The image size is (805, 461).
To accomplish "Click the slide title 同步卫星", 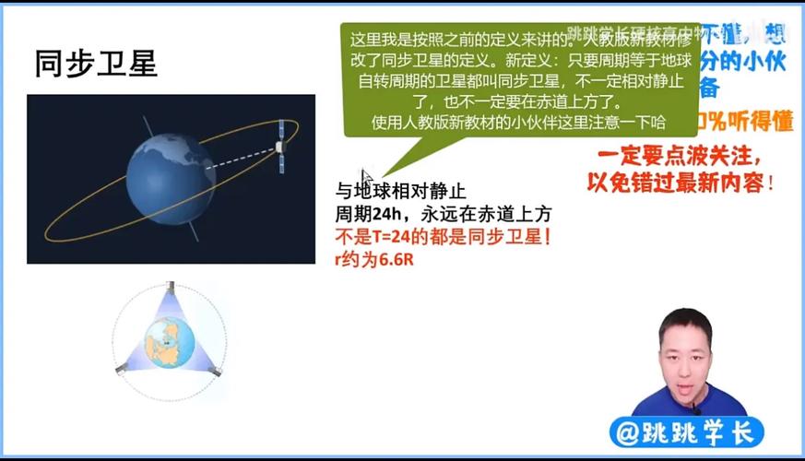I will coord(96,63).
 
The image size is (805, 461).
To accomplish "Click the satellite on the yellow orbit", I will coord(283,148).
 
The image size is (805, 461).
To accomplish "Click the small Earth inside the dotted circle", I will coord(170,340).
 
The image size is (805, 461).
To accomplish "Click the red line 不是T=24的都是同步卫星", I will coord(444,236).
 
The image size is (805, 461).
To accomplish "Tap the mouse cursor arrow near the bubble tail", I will coord(365,176).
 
